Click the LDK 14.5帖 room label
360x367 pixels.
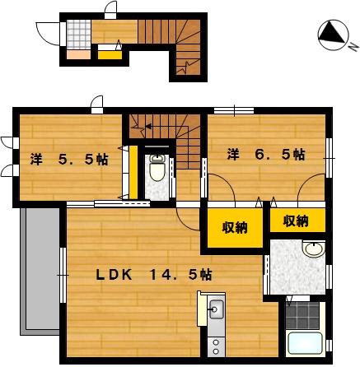coord(154,275)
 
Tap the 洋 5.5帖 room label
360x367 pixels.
coord(69,160)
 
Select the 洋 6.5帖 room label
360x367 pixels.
coord(266,155)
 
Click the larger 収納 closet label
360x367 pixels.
coord(235,227)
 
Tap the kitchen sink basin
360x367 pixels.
coord(217,309)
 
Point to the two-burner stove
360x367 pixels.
coord(216,347)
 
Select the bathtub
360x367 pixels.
coord(304,343)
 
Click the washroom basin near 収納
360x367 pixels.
coord(314,249)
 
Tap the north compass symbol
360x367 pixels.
coord(333,35)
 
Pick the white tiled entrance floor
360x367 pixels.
coord(78,35)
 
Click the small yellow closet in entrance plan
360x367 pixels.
coord(110,55)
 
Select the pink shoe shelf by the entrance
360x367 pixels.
coord(78,54)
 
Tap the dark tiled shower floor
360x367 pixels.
coord(302,316)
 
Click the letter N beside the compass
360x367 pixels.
coord(354,48)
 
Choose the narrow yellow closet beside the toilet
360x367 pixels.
coord(133,172)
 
